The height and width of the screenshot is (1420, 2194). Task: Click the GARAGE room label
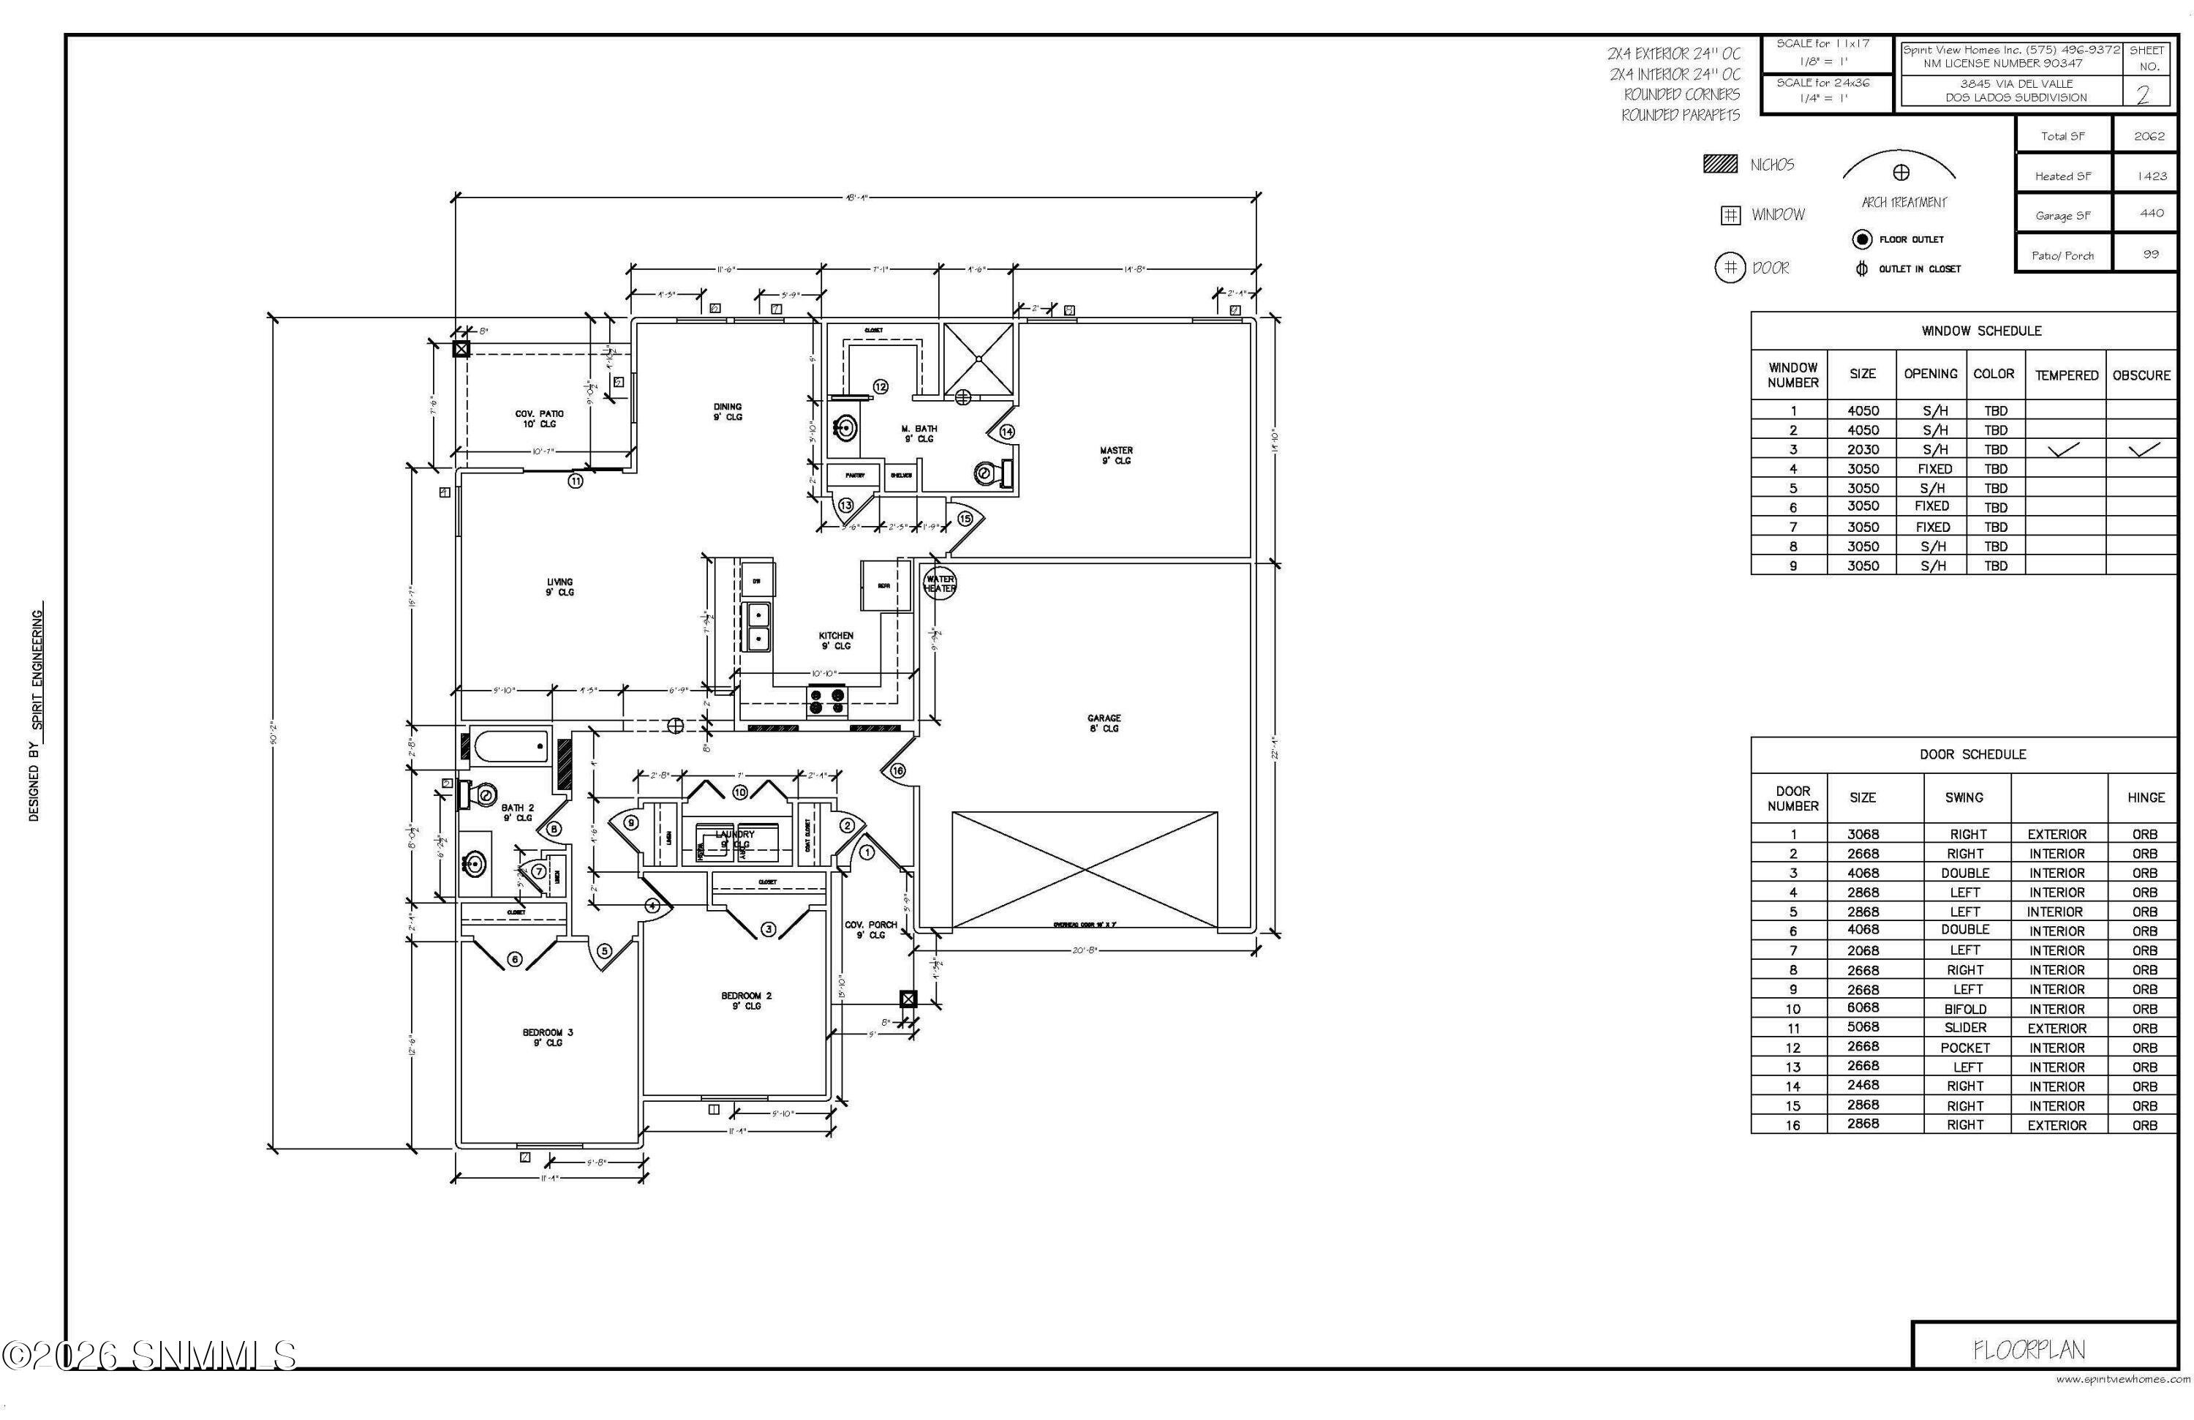pyautogui.click(x=1104, y=723)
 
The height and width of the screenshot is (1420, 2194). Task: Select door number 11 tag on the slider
pyautogui.click(x=576, y=481)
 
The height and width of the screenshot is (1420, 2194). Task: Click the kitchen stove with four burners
pyautogui.click(x=827, y=701)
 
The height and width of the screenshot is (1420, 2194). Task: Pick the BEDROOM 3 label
pyautogui.click(x=548, y=1037)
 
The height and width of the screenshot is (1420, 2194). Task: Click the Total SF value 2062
pyautogui.click(x=2149, y=135)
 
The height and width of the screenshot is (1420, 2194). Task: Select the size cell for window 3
pyautogui.click(x=1862, y=449)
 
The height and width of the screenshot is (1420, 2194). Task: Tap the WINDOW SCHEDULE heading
pyautogui.click(x=1981, y=330)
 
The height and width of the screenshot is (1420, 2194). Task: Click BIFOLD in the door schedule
pyautogui.click(x=1964, y=1009)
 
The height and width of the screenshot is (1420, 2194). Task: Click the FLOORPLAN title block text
pyautogui.click(x=2028, y=1350)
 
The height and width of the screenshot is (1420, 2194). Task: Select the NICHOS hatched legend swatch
pyautogui.click(x=1719, y=164)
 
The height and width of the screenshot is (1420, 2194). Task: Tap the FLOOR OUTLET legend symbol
pyautogui.click(x=1861, y=240)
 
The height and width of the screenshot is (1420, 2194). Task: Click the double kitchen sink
pyautogui.click(x=758, y=626)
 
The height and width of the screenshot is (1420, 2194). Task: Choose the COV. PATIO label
pyautogui.click(x=539, y=418)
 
